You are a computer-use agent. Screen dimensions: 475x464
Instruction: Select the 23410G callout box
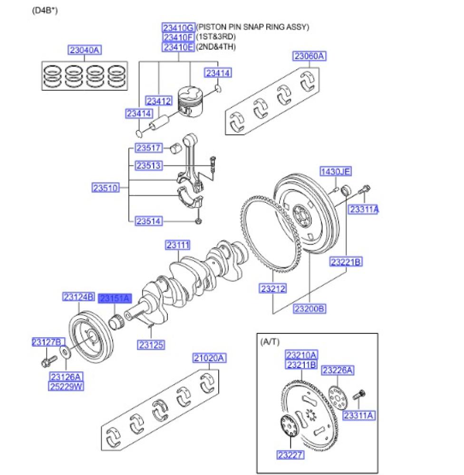coord(178,27)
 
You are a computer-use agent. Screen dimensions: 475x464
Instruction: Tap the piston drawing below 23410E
coord(192,101)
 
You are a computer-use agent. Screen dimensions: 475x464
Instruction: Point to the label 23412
coord(158,101)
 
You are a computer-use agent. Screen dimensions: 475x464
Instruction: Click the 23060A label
coord(309,57)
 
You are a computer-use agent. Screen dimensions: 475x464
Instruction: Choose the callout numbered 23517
coord(149,148)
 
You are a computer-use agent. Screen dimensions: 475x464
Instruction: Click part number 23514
coord(149,221)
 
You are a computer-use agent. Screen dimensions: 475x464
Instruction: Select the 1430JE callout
coord(335,171)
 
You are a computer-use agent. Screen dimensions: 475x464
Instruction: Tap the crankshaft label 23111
coord(178,245)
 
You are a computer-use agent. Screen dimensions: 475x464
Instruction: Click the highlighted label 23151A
coord(114,298)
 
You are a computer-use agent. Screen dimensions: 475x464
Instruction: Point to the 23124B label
coord(78,297)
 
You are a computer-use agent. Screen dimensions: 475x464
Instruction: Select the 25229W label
coord(66,386)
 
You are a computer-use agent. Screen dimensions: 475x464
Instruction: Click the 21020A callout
coord(210,358)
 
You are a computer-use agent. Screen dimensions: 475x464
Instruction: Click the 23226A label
coord(338,370)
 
